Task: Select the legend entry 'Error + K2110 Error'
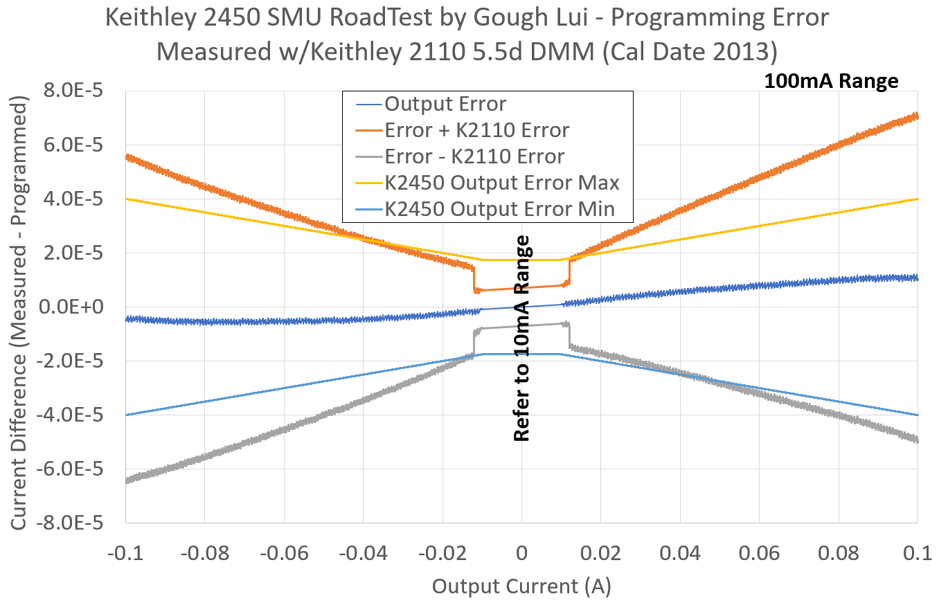[476, 130]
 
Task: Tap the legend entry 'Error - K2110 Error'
[474, 156]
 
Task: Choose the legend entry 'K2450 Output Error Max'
[501, 183]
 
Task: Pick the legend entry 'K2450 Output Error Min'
[499, 208]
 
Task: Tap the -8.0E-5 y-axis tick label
[68, 523]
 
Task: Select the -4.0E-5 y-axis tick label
[68, 415]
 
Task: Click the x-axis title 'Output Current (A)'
[521, 586]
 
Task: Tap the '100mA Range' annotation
[831, 81]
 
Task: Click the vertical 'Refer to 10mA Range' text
[521, 339]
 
